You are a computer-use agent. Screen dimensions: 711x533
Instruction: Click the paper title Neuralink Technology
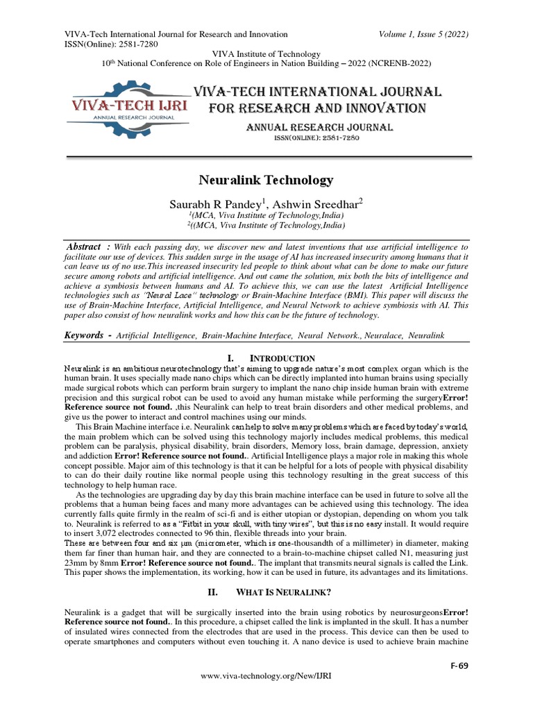(x=266, y=181)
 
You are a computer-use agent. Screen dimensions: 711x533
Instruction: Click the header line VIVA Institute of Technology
(x=266, y=53)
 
